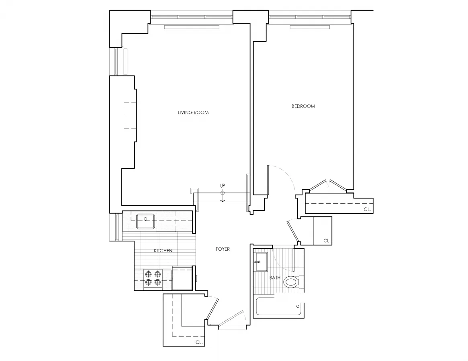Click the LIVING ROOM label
click(x=193, y=112)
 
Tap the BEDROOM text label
click(x=303, y=106)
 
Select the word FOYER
click(x=223, y=249)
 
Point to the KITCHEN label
click(x=163, y=251)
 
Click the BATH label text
click(x=275, y=278)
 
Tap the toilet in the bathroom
click(x=292, y=282)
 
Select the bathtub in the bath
click(x=279, y=307)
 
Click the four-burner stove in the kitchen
click(x=153, y=278)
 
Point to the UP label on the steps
click(x=222, y=186)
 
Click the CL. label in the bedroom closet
click(x=367, y=210)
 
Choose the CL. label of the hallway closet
click(x=327, y=241)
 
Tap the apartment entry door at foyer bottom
click(x=232, y=320)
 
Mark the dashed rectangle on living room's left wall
click(x=130, y=116)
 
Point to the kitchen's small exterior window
click(x=117, y=227)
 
